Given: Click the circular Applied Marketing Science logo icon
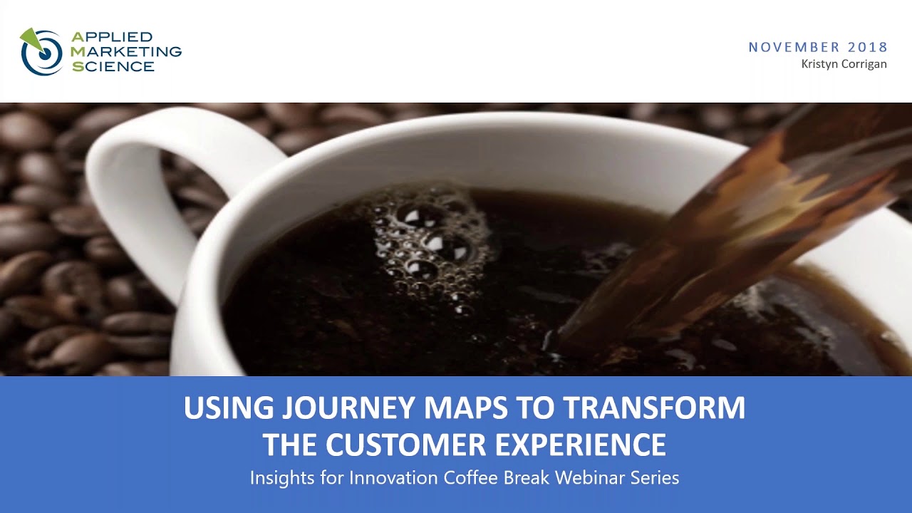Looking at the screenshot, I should tap(42, 51).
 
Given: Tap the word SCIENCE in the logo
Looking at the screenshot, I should tap(113, 66).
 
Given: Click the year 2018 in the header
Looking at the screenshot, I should tap(868, 47).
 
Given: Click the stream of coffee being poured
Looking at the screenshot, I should tap(712, 235).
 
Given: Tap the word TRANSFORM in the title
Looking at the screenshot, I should tap(653, 408).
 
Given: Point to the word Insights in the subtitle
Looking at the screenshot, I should tap(283, 477).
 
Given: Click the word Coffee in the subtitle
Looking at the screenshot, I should tap(470, 477).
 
